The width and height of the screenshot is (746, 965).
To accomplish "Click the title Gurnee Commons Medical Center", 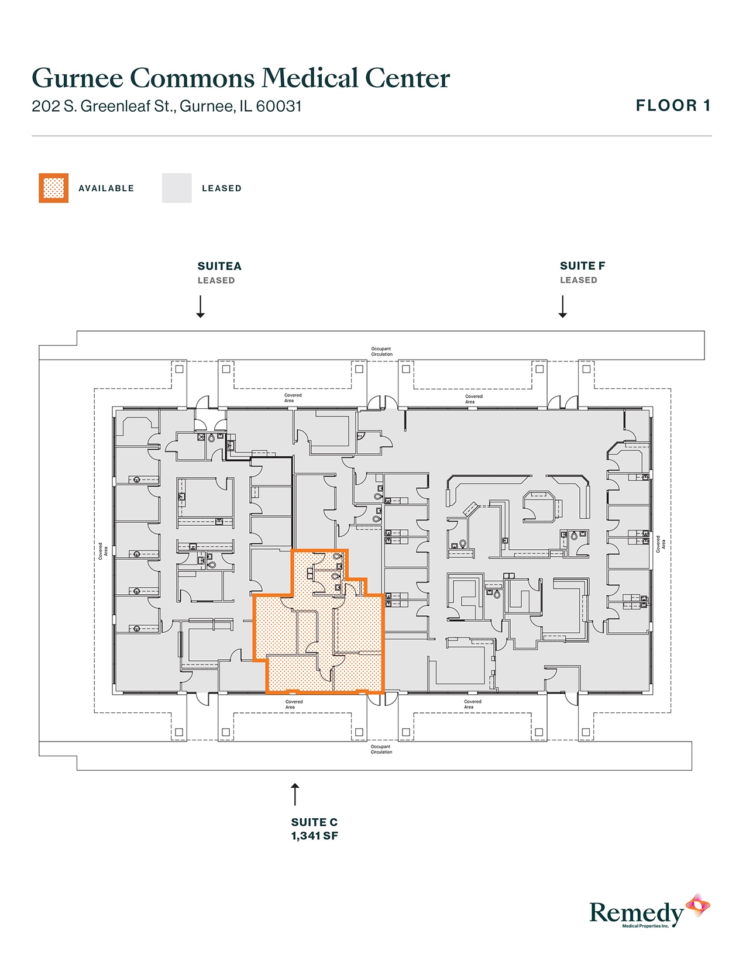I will tap(240, 78).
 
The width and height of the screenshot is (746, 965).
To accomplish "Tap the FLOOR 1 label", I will tap(673, 106).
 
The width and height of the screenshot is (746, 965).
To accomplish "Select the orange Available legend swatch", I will tap(54, 188).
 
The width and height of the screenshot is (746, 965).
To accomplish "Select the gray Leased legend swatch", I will tap(177, 188).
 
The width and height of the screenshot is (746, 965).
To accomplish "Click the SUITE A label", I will tap(219, 266).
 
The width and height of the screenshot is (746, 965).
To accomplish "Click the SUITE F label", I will tap(582, 266).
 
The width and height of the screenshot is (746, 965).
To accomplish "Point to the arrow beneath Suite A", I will tap(200, 306).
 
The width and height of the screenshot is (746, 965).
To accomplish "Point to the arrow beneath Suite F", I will tap(562, 306).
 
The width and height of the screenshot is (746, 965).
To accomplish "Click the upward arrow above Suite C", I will tap(295, 794).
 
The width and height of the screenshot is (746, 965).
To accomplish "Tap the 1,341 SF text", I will tap(314, 836).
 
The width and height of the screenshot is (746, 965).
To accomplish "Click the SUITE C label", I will tap(314, 822).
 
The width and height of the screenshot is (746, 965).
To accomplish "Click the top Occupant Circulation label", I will tap(381, 351).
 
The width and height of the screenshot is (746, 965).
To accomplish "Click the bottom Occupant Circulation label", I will tap(381, 749).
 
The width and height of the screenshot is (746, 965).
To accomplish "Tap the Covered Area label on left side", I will tap(103, 551).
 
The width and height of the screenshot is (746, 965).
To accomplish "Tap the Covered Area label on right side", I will tap(660, 544).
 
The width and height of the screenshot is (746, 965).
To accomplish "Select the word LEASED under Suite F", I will tap(578, 280).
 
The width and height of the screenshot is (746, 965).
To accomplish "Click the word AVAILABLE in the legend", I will tap(106, 188).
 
